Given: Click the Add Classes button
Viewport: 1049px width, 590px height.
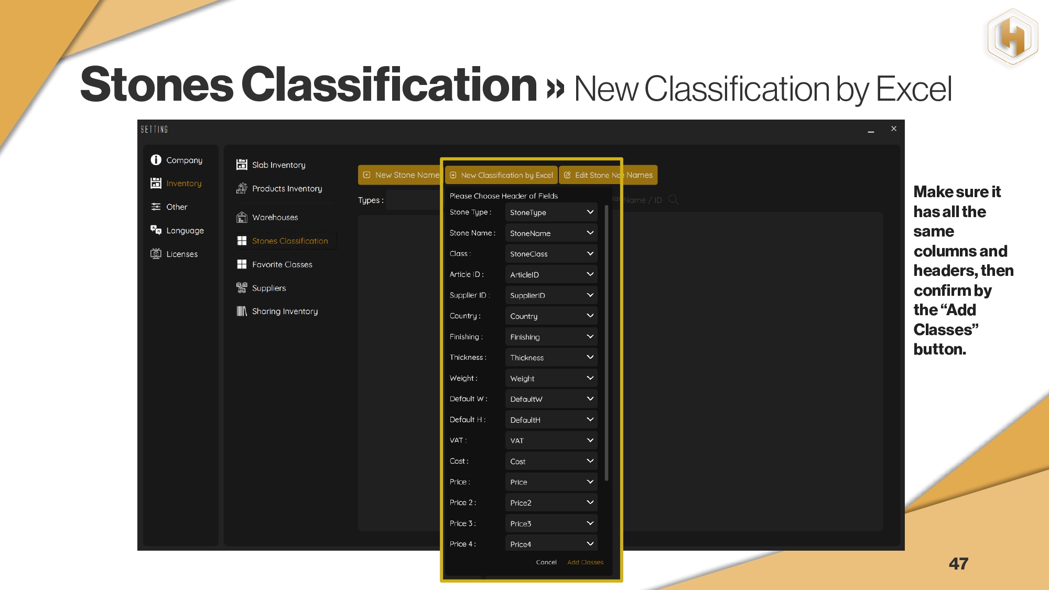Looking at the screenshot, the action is tap(585, 562).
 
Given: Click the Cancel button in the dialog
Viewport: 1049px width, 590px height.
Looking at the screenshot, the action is tap(546, 562).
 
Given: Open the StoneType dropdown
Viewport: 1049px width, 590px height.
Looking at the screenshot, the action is tap(551, 212).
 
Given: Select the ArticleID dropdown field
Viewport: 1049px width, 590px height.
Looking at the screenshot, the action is tap(551, 274).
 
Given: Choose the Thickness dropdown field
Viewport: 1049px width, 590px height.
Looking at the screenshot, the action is tap(551, 358).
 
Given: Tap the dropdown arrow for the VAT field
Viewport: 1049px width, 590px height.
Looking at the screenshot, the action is tap(590, 441).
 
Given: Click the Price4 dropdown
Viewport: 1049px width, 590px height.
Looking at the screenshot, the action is tap(551, 543).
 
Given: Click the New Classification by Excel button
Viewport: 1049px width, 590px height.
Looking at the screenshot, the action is tap(502, 175).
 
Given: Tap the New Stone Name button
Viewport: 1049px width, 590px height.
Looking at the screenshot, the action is tap(401, 175).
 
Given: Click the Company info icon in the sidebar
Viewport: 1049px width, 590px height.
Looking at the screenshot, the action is tap(156, 160).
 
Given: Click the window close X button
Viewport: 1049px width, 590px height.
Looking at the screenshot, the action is tap(894, 129).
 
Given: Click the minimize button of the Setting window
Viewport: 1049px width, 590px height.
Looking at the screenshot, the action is tap(871, 132).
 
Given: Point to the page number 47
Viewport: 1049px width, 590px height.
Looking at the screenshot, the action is tap(958, 564).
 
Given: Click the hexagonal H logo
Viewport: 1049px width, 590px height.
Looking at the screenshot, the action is tap(1012, 37).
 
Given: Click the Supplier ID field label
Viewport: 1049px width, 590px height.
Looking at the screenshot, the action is tap(470, 295).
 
